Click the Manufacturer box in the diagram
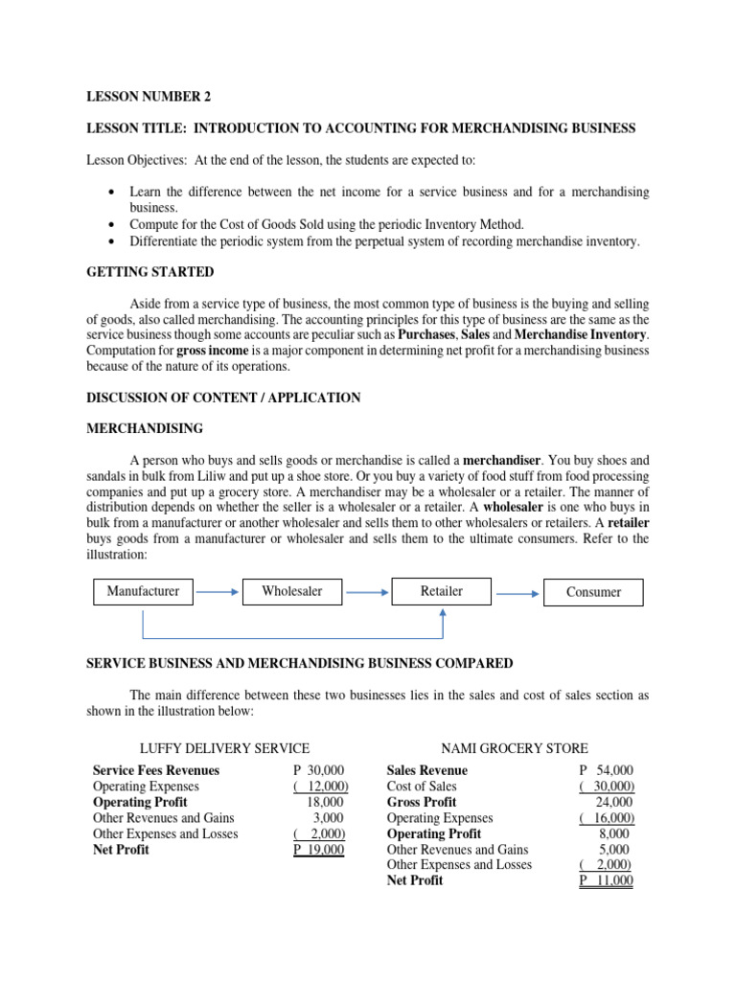(143, 592)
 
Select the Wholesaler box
(291, 592)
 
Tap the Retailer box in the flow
(441, 591)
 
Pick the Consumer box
(593, 593)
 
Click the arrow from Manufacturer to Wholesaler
(218, 592)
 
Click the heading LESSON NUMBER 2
(149, 97)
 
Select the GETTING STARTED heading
(150, 272)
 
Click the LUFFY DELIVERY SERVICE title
(225, 748)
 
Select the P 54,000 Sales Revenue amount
(606, 770)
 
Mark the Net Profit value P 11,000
(606, 880)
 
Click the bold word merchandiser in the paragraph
(502, 460)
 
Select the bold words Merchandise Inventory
(581, 334)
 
